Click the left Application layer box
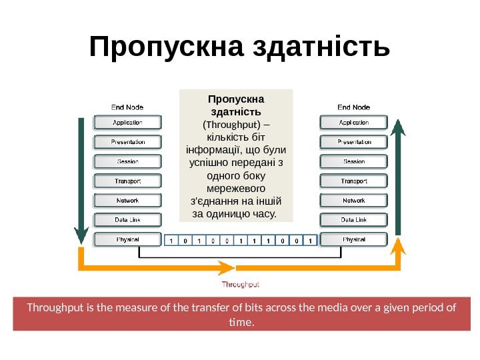127,123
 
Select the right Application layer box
354,123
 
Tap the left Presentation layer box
127,142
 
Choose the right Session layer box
354,161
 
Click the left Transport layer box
127,181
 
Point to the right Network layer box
354,200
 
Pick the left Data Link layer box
127,219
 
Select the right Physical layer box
354,239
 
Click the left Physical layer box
127,239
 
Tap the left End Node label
127,107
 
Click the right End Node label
354,107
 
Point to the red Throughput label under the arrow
241,285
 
